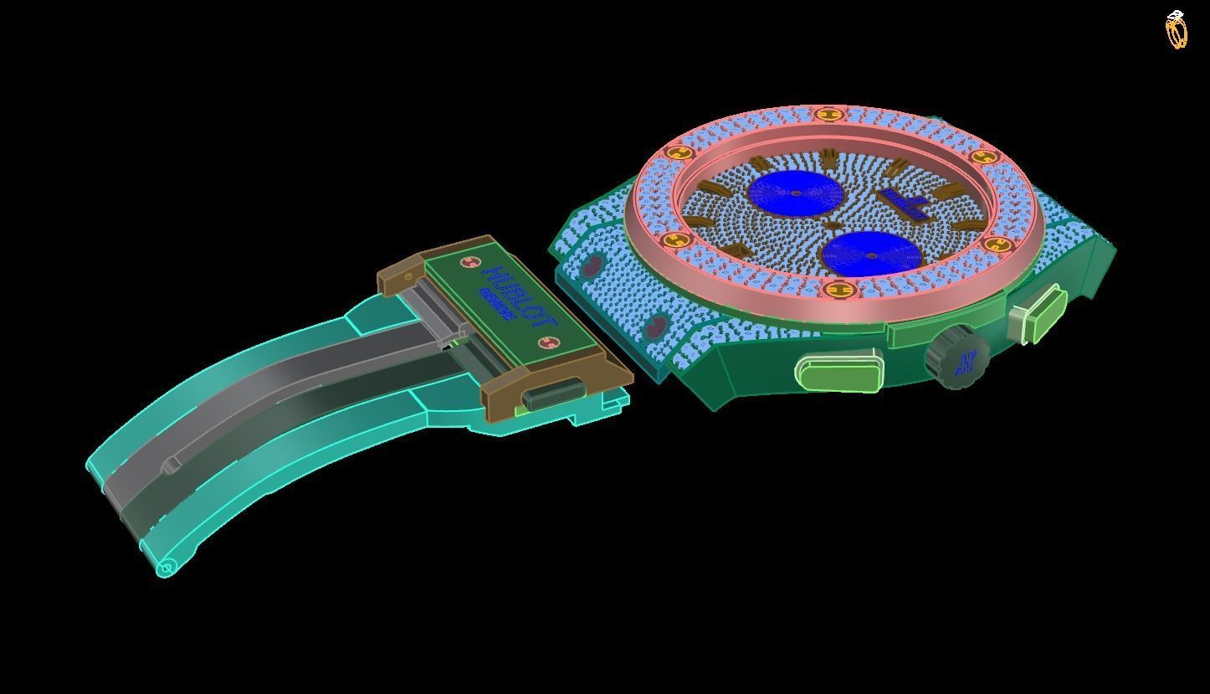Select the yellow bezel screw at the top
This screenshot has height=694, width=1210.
[828, 114]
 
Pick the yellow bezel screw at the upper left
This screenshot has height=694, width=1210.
[679, 152]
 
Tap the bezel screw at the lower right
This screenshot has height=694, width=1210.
[997, 244]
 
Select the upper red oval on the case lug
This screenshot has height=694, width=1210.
[591, 266]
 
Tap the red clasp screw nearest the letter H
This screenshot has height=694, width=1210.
[468, 263]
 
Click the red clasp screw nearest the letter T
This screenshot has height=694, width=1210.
[549, 342]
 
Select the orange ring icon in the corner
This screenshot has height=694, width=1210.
[1177, 30]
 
